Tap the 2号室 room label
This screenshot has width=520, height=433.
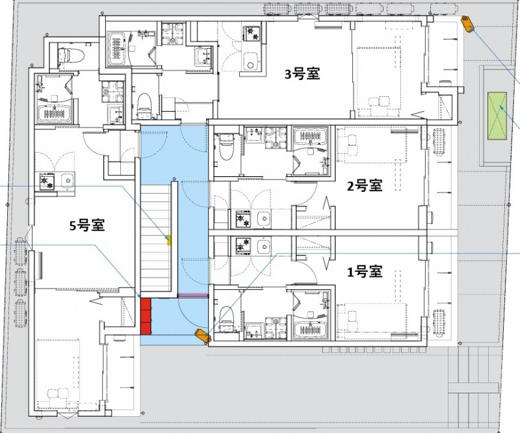(364, 187)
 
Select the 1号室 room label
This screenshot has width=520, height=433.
(364, 272)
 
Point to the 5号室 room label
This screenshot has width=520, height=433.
(88, 226)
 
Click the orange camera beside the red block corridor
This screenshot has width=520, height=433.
(203, 335)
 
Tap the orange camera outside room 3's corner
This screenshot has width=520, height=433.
(467, 24)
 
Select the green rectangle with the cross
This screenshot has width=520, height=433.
(499, 116)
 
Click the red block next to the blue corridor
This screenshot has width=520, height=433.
(146, 315)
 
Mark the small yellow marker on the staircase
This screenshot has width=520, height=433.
(170, 241)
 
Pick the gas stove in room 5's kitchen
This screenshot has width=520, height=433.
(47, 180)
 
